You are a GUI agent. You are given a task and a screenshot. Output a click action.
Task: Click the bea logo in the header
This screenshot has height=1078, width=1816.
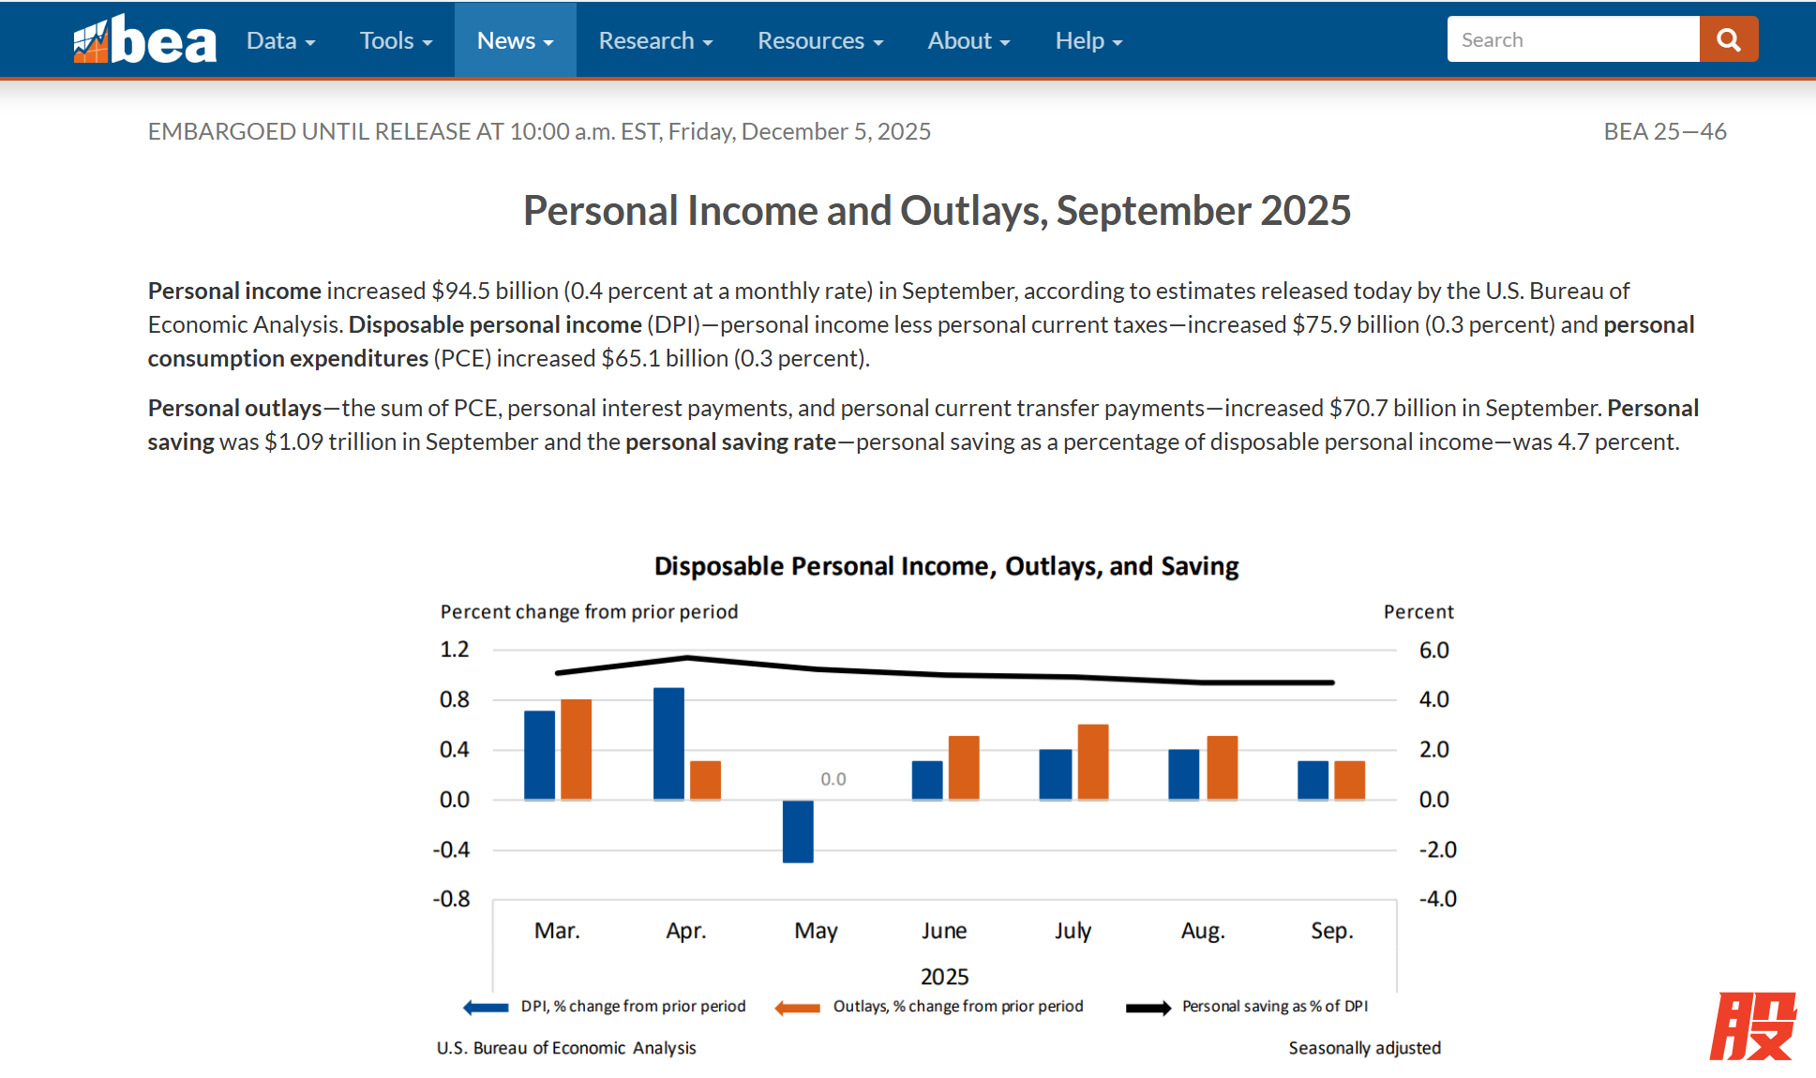(145, 40)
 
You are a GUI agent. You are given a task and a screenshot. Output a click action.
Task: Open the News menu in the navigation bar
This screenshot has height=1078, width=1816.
(515, 40)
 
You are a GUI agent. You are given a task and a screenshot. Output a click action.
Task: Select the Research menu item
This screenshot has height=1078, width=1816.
(655, 40)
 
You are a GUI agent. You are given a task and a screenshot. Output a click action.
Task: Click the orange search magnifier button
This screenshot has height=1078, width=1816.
(1728, 39)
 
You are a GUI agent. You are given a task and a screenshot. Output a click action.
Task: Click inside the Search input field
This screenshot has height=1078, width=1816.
(1572, 39)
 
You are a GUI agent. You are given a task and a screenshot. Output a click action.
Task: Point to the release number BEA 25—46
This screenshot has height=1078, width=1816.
(1664, 131)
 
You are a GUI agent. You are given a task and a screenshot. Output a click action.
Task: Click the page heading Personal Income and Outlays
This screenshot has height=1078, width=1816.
(937, 210)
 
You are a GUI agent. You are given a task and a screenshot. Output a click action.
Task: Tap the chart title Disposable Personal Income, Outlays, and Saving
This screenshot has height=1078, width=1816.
(946, 566)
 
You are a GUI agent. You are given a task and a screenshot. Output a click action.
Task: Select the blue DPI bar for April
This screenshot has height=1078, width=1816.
(668, 743)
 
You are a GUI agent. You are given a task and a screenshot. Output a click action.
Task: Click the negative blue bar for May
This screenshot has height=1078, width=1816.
(798, 831)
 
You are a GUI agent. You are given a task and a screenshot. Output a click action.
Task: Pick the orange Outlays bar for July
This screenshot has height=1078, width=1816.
(1092, 762)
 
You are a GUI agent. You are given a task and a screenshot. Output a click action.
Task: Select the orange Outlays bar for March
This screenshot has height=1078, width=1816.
(576, 749)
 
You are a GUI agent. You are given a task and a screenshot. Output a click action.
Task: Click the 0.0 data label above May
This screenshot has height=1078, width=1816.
(833, 779)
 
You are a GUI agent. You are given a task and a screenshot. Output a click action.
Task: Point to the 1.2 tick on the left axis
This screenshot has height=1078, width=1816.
(455, 650)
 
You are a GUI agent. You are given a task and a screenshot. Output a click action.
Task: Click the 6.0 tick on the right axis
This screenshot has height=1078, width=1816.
(1433, 650)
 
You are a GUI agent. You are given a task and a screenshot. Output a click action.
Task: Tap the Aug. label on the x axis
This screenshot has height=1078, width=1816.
(1203, 931)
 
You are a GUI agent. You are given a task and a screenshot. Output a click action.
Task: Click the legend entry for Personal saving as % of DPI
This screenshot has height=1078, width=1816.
(1274, 1006)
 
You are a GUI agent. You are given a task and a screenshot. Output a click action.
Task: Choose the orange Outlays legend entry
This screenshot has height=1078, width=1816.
(957, 1006)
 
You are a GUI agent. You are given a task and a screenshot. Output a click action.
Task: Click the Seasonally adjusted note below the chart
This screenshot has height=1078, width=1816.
(1364, 1048)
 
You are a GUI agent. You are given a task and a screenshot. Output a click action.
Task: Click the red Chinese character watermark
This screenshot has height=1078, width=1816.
(1752, 1026)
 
